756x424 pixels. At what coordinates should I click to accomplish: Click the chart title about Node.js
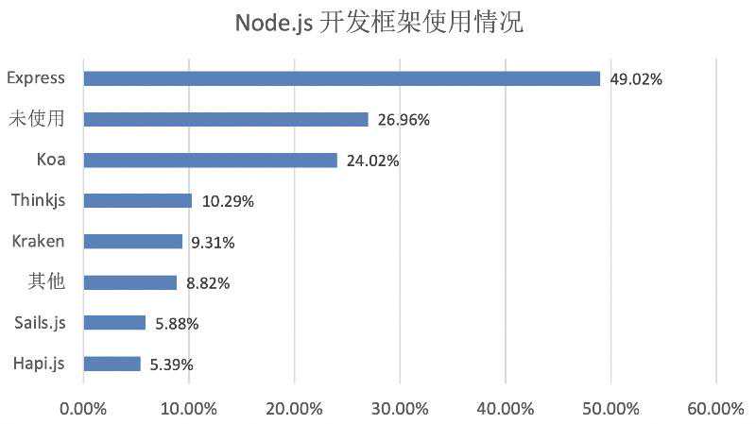[378, 22]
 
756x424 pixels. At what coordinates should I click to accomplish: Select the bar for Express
[341, 78]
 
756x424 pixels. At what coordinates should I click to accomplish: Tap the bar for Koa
[210, 160]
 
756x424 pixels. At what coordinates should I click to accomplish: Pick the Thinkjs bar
[137, 200]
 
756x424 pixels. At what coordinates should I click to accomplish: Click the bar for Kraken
[132, 241]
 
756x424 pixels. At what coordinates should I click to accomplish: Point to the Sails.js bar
[114, 322]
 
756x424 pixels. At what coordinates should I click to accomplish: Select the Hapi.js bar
[112, 363]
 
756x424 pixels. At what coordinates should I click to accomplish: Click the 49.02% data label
[636, 79]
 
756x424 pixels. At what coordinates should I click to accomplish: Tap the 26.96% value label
[404, 120]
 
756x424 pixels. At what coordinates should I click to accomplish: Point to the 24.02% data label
[372, 161]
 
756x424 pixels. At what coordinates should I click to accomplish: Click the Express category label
[35, 78]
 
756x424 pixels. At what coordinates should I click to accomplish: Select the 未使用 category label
[37, 119]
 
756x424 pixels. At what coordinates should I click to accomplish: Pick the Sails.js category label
[40, 322]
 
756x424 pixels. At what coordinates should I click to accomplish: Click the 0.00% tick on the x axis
[83, 408]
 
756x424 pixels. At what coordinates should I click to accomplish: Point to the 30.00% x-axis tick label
[400, 408]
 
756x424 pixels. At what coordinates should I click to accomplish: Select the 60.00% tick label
[715, 408]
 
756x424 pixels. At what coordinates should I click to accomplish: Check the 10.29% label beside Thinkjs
[228, 201]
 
